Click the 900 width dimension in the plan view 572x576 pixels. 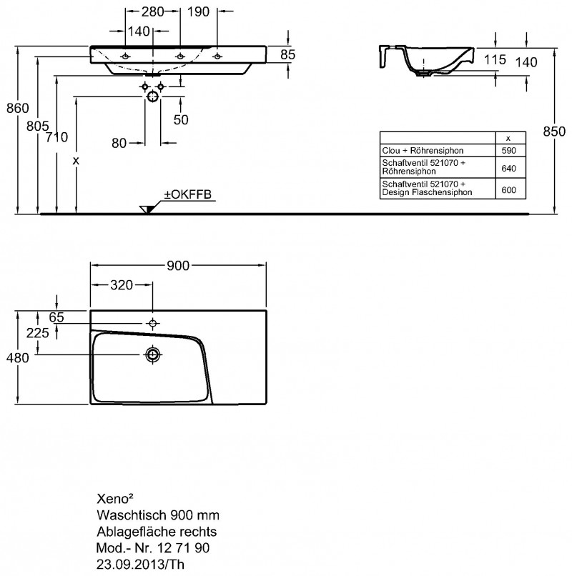click(x=178, y=266)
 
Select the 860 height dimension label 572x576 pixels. click(x=18, y=109)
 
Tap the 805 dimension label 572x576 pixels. click(x=37, y=126)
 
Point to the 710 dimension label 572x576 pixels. click(x=57, y=137)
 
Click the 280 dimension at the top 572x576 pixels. click(x=152, y=11)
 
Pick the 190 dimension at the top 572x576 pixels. click(x=198, y=11)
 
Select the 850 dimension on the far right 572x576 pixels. click(x=554, y=131)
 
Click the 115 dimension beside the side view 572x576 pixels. click(x=495, y=59)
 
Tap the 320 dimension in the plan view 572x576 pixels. click(x=122, y=285)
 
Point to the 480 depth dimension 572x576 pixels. click(x=18, y=357)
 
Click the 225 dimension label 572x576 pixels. click(x=37, y=333)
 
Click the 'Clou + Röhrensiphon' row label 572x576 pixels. click(x=423, y=151)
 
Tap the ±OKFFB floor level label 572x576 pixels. click(x=188, y=194)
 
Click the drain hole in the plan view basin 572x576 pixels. click(x=153, y=354)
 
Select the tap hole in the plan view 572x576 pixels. click(x=153, y=323)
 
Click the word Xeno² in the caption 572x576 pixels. click(x=114, y=499)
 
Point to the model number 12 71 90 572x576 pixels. click(x=184, y=548)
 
